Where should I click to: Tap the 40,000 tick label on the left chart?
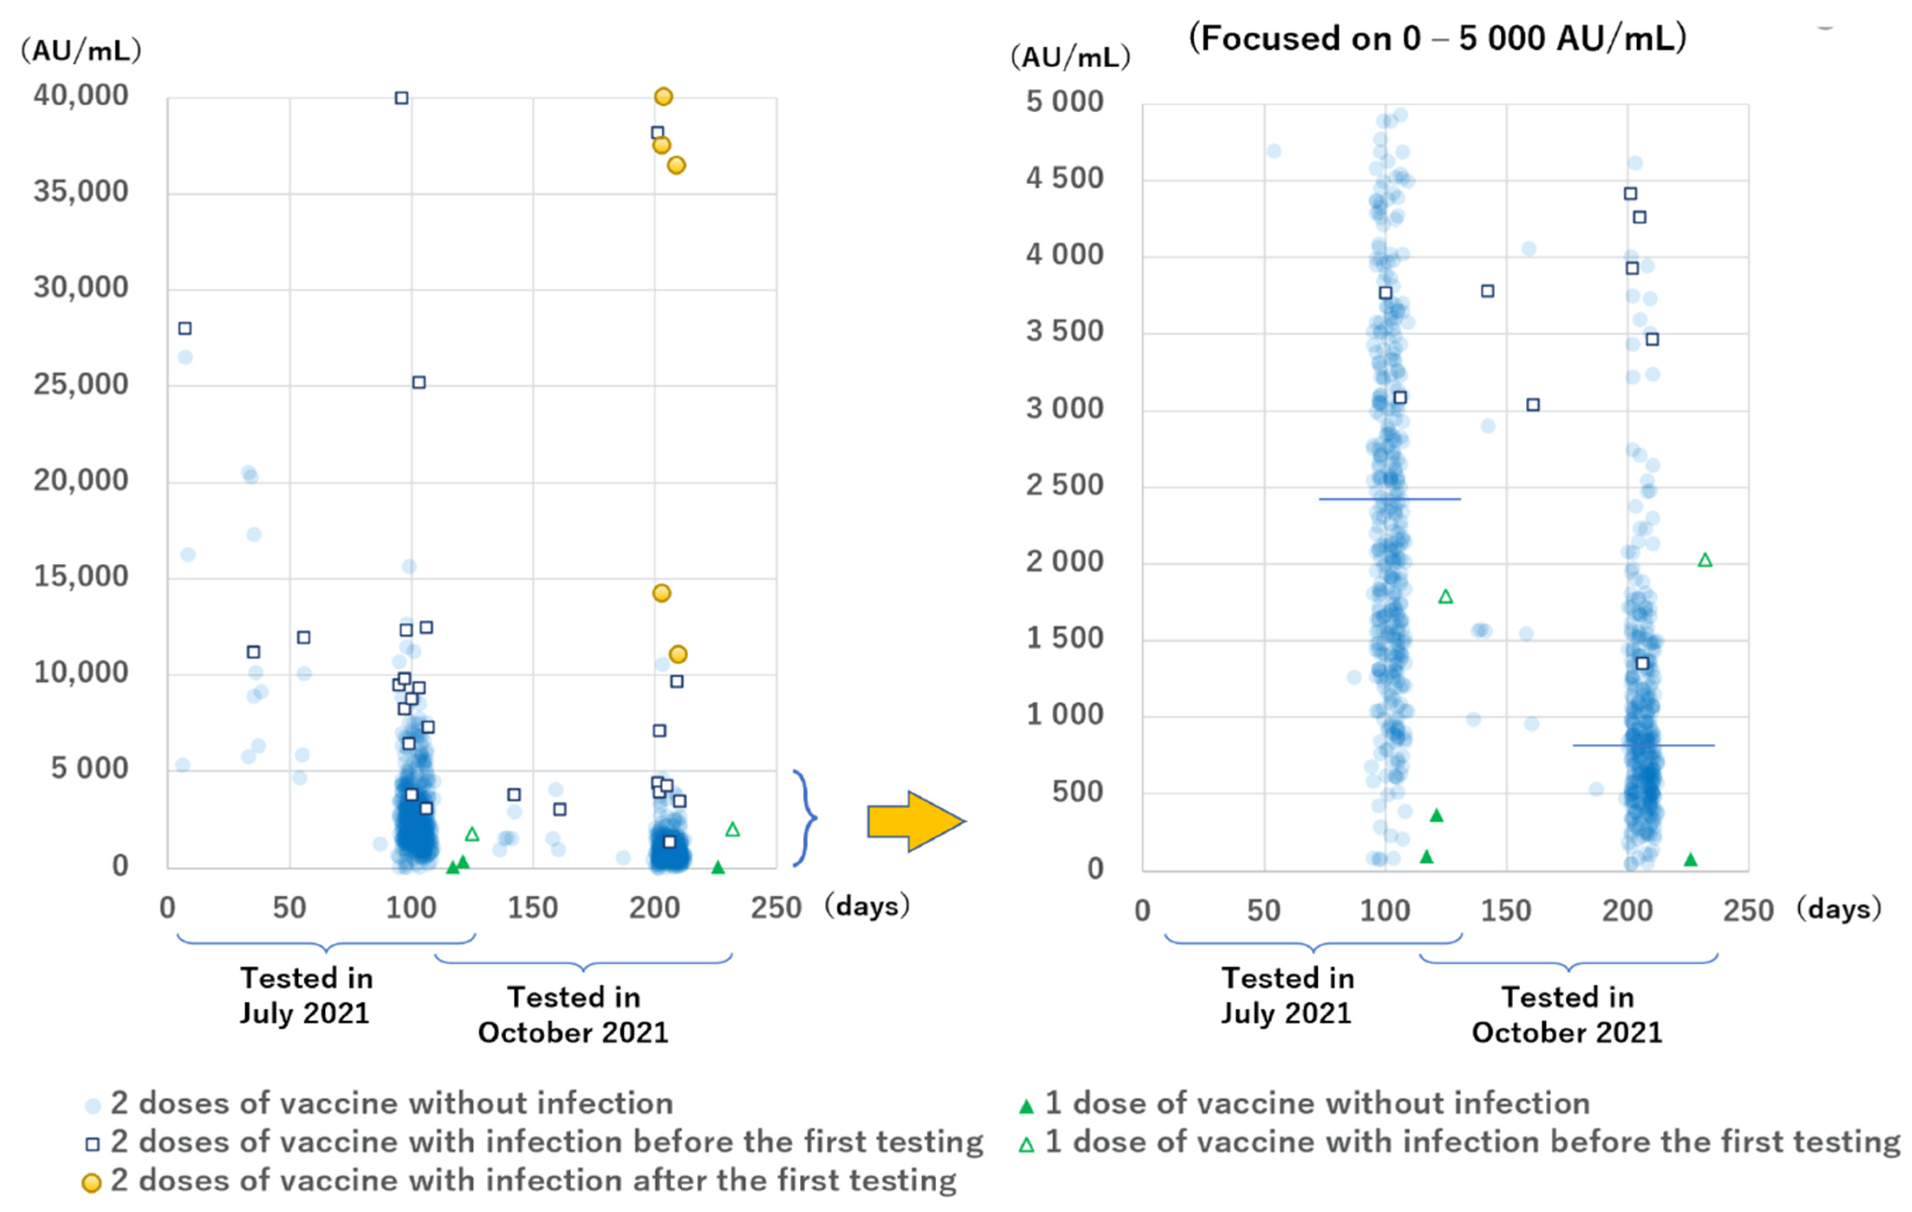point(80,95)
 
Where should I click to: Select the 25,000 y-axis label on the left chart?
point(80,384)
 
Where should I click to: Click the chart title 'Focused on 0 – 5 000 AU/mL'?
point(1437,38)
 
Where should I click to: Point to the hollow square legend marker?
point(92,1144)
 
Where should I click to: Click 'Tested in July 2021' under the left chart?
point(306,995)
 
